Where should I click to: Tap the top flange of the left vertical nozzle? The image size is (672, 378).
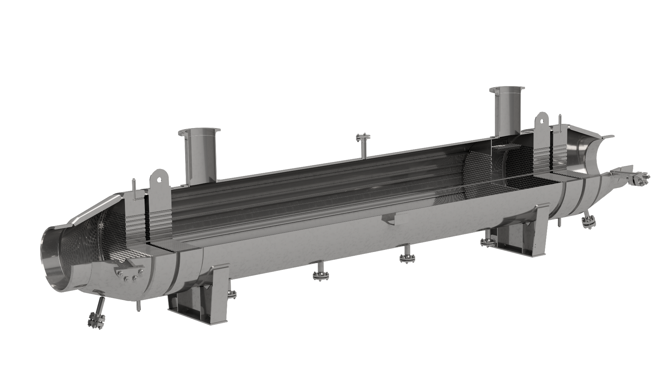pos(199,132)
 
